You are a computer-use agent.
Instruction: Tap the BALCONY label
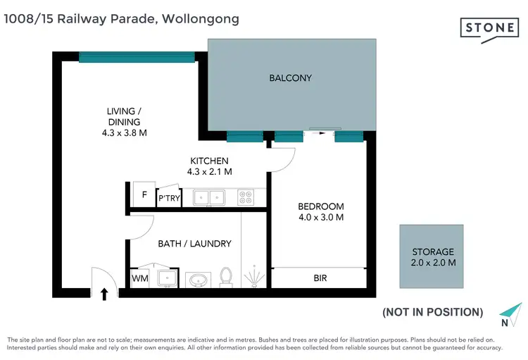click(x=290, y=77)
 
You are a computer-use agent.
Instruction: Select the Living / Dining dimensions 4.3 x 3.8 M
click(x=124, y=132)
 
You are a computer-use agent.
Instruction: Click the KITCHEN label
click(x=209, y=161)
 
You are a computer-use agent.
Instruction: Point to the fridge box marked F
click(x=144, y=195)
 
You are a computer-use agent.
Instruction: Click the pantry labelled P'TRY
click(x=168, y=199)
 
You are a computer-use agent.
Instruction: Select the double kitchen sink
click(x=208, y=198)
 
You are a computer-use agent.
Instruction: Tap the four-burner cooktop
click(x=246, y=198)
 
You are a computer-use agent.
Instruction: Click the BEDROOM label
click(x=320, y=206)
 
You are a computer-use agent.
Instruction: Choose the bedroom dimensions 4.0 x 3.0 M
click(x=320, y=218)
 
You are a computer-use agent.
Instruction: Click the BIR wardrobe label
click(x=320, y=278)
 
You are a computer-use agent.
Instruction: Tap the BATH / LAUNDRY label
click(x=194, y=244)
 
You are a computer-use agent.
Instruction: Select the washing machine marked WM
click(x=139, y=279)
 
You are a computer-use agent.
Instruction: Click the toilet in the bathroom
click(x=227, y=277)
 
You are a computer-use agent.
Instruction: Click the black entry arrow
click(x=105, y=292)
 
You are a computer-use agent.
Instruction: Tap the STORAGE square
click(x=432, y=256)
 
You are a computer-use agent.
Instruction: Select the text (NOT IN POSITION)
click(x=432, y=312)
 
